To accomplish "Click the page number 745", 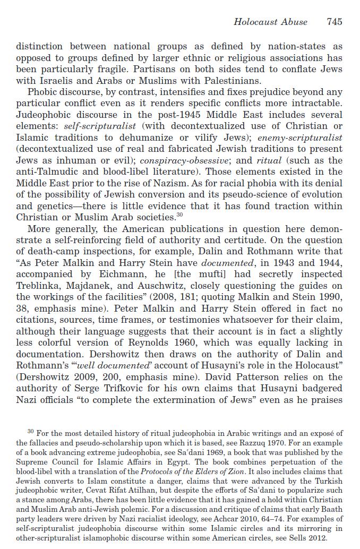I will pyautogui.click(x=335, y=22).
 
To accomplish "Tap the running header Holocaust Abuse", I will pyautogui.click(x=270, y=22).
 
